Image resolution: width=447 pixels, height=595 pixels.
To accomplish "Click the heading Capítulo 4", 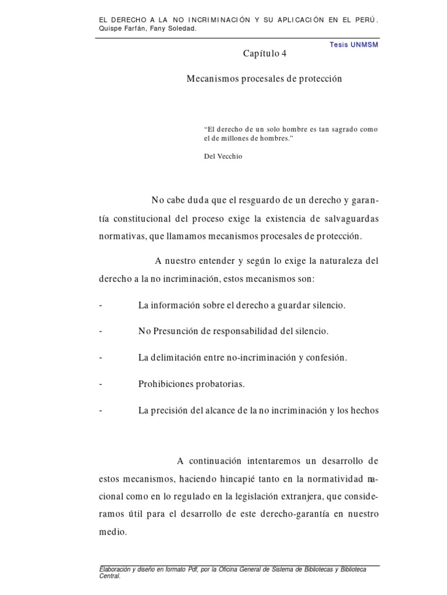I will click(x=265, y=54).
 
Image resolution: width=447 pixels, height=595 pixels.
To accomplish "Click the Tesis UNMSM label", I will click(x=354, y=45).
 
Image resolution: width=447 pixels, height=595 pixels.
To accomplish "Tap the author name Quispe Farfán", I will click(x=120, y=28).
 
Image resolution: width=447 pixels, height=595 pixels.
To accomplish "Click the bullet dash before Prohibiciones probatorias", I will click(x=101, y=384).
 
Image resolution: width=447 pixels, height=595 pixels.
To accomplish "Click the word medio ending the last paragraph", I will click(x=112, y=532).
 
